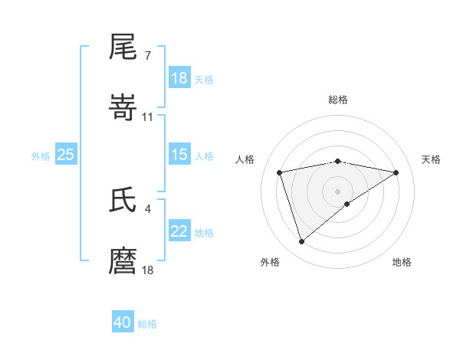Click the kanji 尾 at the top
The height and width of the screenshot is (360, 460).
click(123, 49)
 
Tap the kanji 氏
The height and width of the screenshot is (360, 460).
click(123, 201)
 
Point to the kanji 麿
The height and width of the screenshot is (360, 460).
click(123, 260)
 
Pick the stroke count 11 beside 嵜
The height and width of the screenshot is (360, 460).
click(148, 116)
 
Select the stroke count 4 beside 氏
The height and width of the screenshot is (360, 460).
click(147, 208)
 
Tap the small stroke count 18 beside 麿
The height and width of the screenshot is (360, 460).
click(148, 269)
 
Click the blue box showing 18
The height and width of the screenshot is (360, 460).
click(179, 79)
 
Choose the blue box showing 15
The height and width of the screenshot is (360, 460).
click(179, 155)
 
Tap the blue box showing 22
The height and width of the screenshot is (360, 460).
click(179, 232)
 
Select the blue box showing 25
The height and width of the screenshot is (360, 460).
click(66, 155)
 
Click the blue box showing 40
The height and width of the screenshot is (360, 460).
click(123, 323)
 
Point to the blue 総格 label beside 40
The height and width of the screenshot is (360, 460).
click(147, 324)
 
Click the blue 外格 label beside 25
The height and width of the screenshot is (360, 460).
click(41, 156)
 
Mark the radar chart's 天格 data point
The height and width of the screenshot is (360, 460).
click(396, 172)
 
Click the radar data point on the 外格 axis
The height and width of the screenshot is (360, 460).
click(301, 242)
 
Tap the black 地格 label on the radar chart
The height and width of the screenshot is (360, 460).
click(402, 262)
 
